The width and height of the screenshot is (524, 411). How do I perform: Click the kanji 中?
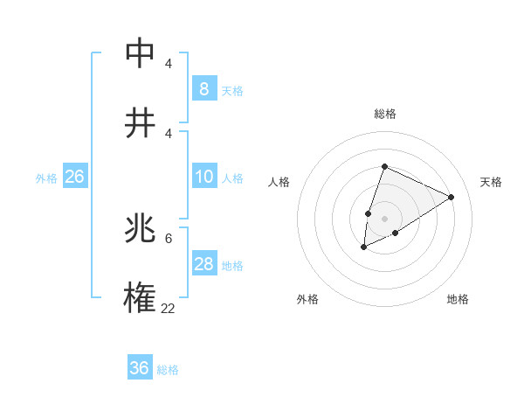(140, 54)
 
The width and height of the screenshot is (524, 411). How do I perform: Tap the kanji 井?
(140, 122)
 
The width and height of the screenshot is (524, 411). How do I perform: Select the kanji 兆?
(140, 230)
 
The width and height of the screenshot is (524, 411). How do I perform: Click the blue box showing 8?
(204, 88)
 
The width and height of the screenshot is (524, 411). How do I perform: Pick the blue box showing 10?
(204, 177)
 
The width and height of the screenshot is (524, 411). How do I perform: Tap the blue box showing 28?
(204, 264)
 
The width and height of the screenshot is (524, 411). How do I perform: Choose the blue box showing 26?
(74, 177)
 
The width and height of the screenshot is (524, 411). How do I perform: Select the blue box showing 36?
(140, 368)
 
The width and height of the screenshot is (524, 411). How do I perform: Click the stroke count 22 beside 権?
(169, 308)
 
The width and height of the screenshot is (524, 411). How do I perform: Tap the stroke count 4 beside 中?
(169, 64)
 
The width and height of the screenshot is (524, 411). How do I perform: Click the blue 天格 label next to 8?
(232, 90)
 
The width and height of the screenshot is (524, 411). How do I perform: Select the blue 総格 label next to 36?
(168, 370)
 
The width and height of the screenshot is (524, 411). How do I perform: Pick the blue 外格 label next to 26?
(46, 178)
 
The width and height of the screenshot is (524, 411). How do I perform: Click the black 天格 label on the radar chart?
(491, 182)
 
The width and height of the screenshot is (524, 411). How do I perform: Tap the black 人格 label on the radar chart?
(279, 182)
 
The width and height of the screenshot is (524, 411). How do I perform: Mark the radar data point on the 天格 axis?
(452, 197)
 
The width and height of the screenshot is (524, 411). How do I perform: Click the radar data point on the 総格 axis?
(384, 166)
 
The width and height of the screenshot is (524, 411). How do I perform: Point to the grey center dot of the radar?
(384, 218)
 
